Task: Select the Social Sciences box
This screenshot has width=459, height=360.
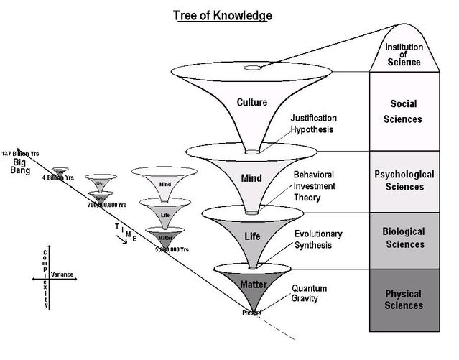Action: [x=403, y=111]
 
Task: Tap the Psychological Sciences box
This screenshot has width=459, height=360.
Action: [x=403, y=180]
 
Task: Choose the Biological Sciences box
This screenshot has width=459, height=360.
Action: [x=403, y=238]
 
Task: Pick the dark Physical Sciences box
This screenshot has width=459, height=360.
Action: [x=403, y=299]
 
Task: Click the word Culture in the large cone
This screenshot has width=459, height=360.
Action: [x=251, y=102]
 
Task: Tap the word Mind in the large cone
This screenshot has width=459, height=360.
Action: [x=251, y=177]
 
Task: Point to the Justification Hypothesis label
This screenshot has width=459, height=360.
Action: [x=314, y=123]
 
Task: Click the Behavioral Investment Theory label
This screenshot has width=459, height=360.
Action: [x=317, y=186]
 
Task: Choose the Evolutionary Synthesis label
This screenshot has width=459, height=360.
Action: [x=318, y=239]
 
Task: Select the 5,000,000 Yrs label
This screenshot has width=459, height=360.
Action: [x=172, y=249]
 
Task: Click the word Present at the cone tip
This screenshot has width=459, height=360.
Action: [x=251, y=313]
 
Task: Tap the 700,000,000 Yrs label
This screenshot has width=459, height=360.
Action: [x=107, y=204]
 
